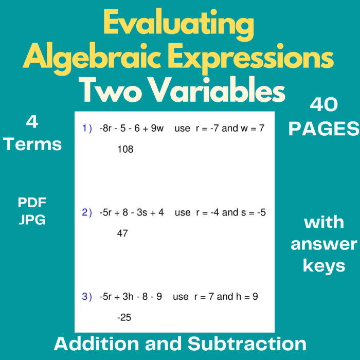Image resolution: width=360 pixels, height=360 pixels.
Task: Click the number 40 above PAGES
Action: tap(323, 105)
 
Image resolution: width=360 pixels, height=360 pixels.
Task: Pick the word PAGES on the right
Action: tap(323, 129)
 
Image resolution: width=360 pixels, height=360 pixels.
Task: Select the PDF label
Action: tap(32, 202)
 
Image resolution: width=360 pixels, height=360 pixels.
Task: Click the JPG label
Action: tap(32, 220)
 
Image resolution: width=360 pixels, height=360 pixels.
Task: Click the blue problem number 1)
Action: tap(87, 129)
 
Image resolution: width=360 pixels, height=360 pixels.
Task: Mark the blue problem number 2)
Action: tap(87, 212)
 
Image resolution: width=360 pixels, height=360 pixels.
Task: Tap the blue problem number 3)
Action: tap(87, 297)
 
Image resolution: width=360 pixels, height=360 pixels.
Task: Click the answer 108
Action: tap(125, 150)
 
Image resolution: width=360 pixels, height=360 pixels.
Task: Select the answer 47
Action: tap(122, 233)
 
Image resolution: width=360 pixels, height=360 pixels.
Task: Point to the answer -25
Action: tap(124, 318)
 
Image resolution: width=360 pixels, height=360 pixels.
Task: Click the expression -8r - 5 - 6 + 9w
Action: tap(131, 129)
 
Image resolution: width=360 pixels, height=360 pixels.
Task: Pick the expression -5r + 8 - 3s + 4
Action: tap(131, 212)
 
